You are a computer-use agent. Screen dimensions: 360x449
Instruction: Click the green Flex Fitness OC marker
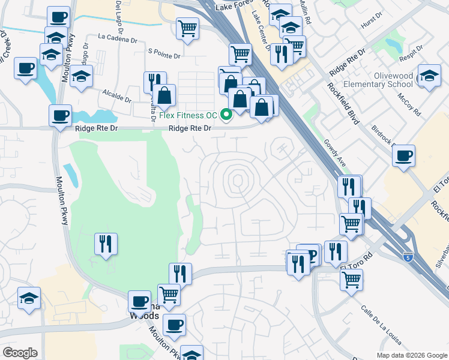pos(227,115)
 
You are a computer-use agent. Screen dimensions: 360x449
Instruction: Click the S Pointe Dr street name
pos(164,53)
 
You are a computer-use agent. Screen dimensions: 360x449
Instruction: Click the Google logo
pos(20,352)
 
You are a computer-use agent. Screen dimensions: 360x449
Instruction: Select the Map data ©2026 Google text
pos(411,355)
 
